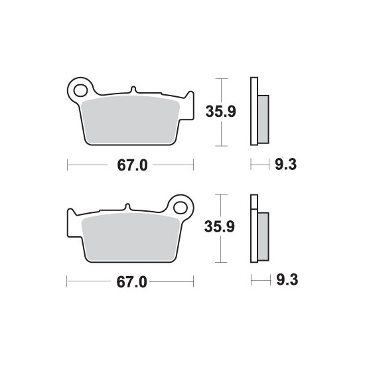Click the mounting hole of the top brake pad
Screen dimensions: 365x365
point(80,90)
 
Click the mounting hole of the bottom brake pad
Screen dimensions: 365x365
point(181,208)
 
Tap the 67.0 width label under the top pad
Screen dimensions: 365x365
point(132,165)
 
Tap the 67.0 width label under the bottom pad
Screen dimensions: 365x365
point(132,282)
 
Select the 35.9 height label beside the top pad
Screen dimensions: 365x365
point(221,111)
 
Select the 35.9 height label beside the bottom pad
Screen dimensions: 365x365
point(220,226)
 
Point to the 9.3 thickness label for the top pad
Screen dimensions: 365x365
point(286,165)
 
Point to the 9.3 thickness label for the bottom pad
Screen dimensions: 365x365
point(287,279)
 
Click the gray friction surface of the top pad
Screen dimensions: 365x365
point(130,120)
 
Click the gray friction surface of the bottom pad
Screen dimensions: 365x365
point(131,237)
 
